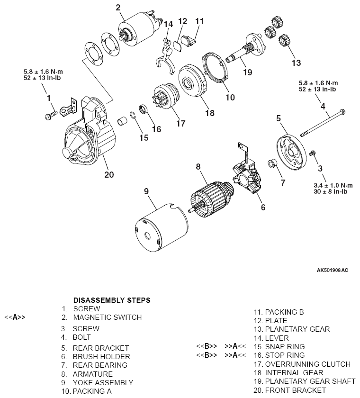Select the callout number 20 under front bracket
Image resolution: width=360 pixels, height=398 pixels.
(109, 174)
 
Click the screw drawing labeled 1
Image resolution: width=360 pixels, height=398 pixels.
(51, 114)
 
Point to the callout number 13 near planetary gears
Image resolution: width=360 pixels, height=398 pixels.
(296, 63)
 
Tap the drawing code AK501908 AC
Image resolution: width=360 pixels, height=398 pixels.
(332, 271)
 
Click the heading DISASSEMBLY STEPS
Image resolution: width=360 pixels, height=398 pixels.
(112, 300)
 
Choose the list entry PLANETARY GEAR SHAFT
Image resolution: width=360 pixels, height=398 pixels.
(310, 381)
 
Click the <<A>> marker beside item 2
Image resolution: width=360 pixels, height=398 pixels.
(15, 317)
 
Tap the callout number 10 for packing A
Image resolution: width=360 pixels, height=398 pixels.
(230, 97)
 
